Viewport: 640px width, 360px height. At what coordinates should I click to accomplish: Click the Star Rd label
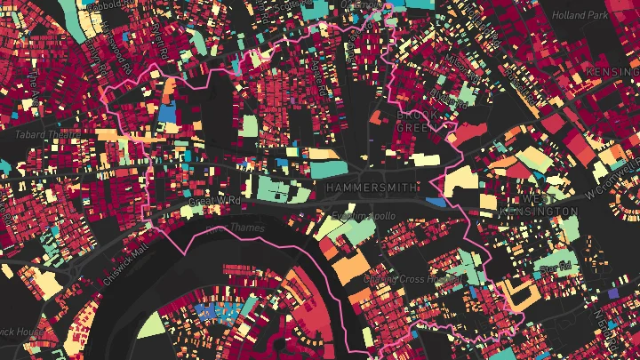[554, 267]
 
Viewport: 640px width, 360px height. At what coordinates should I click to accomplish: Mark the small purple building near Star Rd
[613, 292]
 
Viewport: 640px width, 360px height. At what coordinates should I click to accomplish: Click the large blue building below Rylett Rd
[166, 113]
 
